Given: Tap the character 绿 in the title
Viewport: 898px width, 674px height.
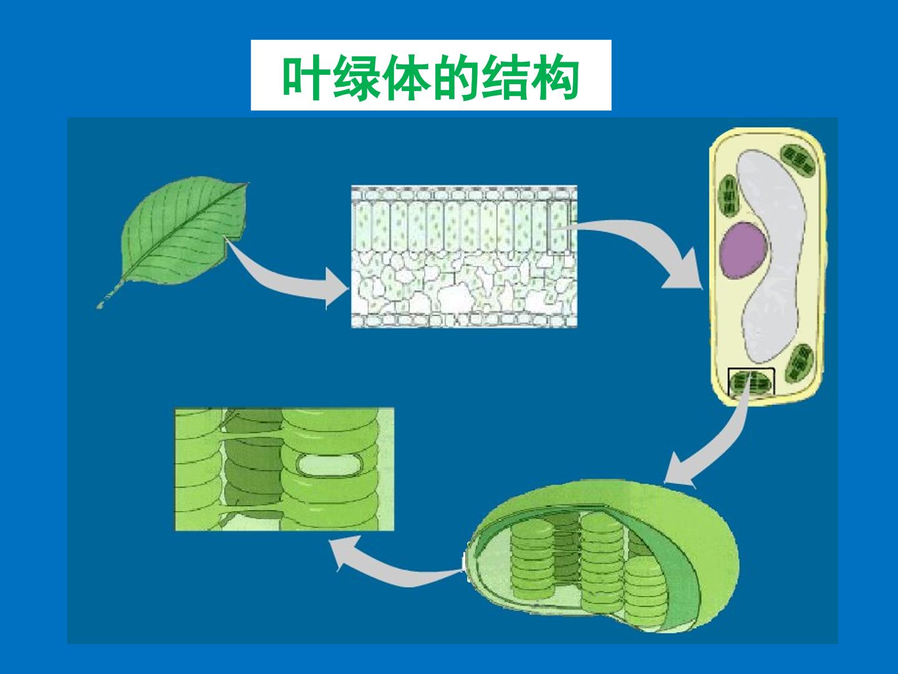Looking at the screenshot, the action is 355,77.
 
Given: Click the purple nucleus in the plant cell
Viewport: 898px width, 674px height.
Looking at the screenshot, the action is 744,250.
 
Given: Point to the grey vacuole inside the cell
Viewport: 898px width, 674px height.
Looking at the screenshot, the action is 769,254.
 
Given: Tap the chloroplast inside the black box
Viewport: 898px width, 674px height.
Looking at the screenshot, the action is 751,383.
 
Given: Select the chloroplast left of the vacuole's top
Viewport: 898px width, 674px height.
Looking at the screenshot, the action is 729,197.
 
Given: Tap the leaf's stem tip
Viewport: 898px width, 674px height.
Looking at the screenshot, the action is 99,305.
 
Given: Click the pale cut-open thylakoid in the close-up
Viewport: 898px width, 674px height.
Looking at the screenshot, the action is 329,466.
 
